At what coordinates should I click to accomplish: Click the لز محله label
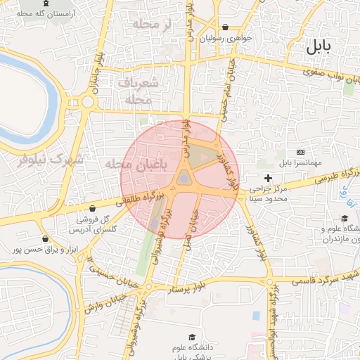pos(148,25)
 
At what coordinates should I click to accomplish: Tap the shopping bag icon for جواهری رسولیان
pos(225,27)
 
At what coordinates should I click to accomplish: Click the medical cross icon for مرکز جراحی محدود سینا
pos(268,179)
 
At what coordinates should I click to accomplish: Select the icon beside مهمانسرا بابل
pos(302,152)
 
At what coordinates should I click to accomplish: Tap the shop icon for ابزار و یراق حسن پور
pos(46,238)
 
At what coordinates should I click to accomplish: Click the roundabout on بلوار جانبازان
pos(87,102)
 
